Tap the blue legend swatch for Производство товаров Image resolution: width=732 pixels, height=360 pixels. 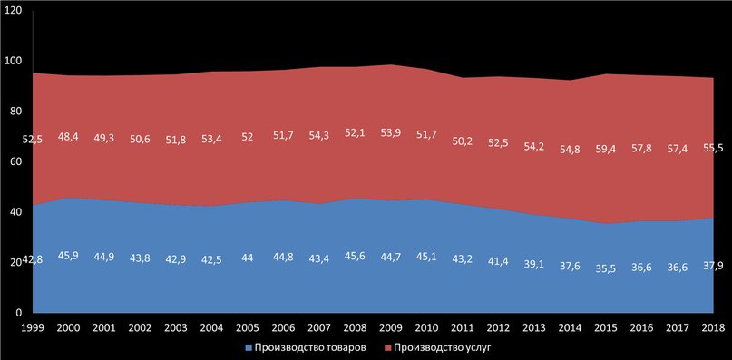tap(247, 348)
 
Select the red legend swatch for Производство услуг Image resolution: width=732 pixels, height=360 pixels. tap(386, 348)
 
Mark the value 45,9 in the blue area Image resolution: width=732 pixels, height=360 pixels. tap(68, 257)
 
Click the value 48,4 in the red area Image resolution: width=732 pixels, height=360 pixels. tap(68, 137)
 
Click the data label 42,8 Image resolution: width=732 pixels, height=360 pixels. tap(33, 261)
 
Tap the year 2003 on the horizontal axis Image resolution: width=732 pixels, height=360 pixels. tap(176, 326)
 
